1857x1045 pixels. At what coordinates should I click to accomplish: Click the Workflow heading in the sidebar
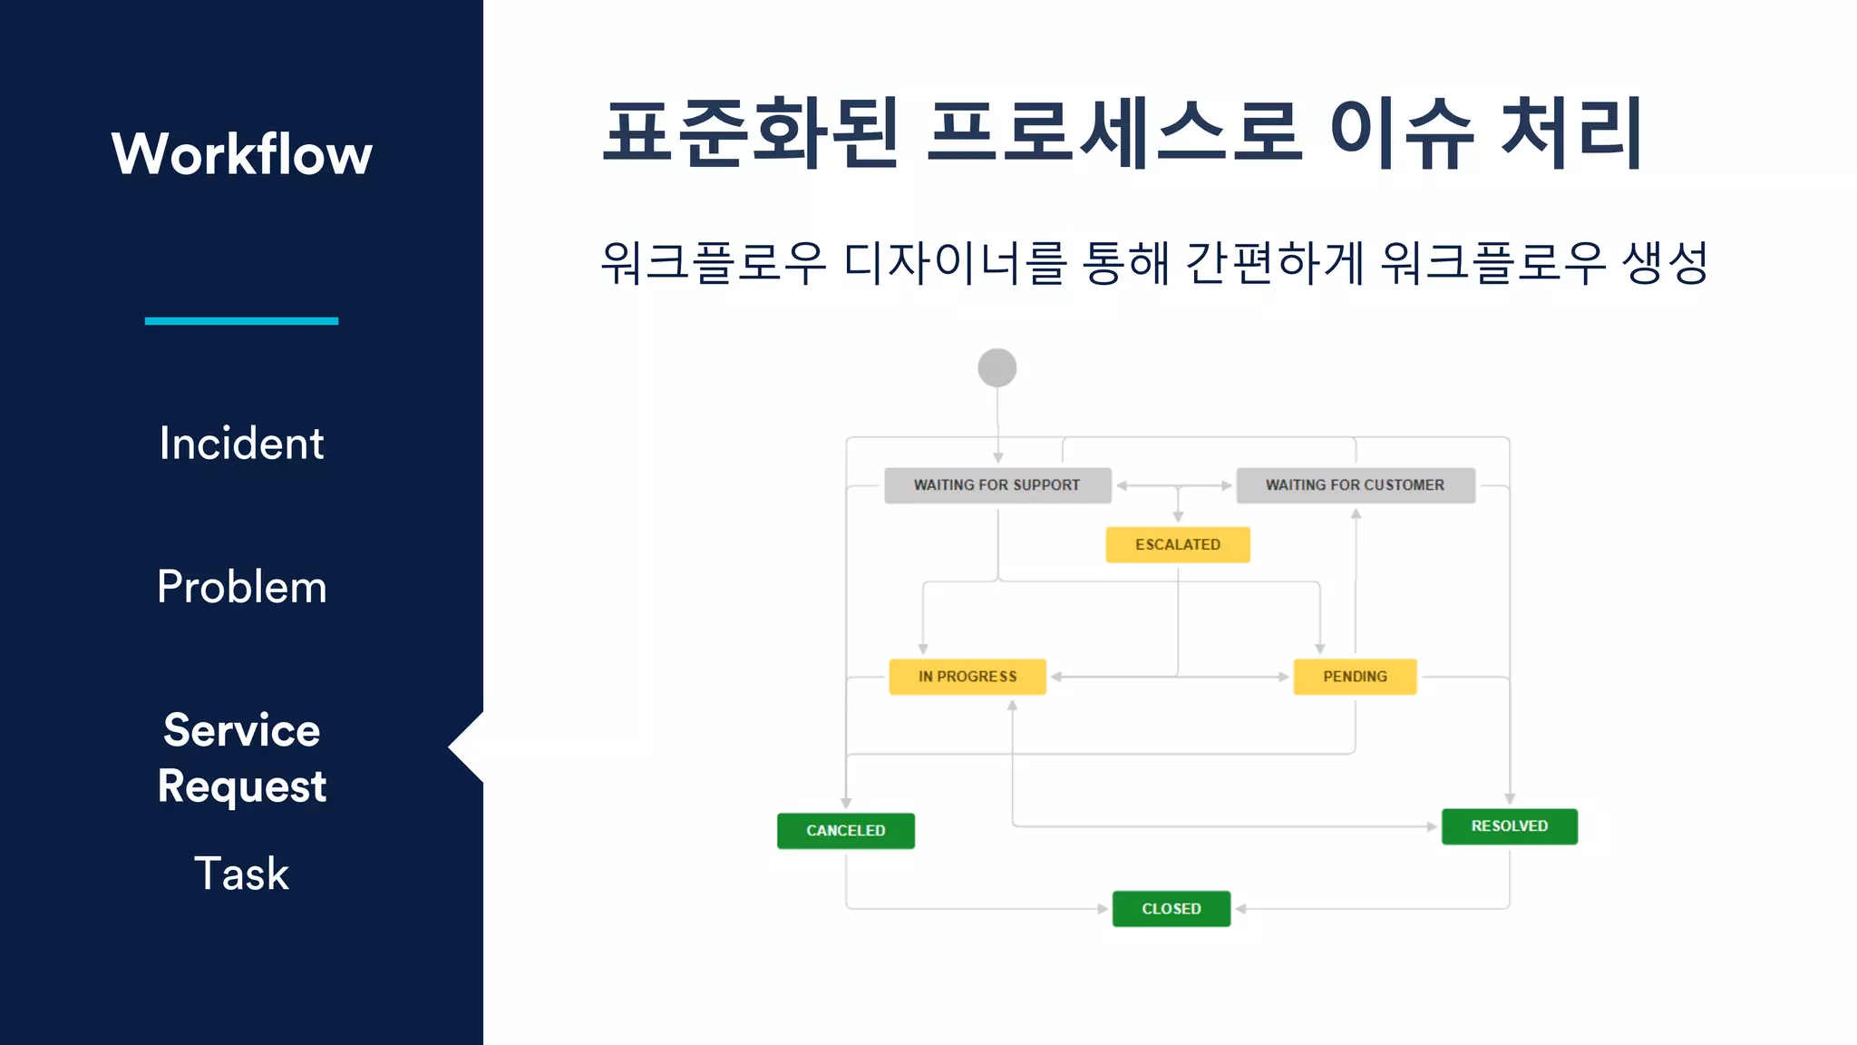click(241, 154)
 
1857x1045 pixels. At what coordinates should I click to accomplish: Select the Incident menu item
click(241, 444)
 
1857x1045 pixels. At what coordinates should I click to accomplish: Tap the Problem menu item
click(241, 587)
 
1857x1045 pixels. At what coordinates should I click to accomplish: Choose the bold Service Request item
click(241, 757)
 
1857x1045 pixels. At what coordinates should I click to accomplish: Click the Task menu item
click(241, 874)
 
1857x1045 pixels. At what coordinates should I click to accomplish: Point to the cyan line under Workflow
click(241, 321)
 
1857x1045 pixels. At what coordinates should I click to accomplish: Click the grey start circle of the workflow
click(997, 368)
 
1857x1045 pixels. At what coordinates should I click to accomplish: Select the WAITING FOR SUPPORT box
click(997, 485)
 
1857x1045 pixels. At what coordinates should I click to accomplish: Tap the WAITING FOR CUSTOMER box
click(1355, 485)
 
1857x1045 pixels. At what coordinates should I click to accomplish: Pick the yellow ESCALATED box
click(1177, 544)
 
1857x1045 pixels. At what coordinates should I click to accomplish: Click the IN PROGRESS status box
click(967, 677)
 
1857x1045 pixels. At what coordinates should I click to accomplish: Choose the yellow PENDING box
click(1355, 677)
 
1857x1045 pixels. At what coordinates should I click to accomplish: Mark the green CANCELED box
click(845, 831)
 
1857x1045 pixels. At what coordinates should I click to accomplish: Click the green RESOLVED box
click(1509, 826)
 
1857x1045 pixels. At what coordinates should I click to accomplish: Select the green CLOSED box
click(1171, 909)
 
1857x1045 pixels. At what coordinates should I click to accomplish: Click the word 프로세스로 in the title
click(1115, 134)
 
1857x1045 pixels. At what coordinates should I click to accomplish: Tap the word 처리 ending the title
click(1571, 134)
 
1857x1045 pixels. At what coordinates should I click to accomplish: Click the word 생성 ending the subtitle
click(1665, 263)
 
